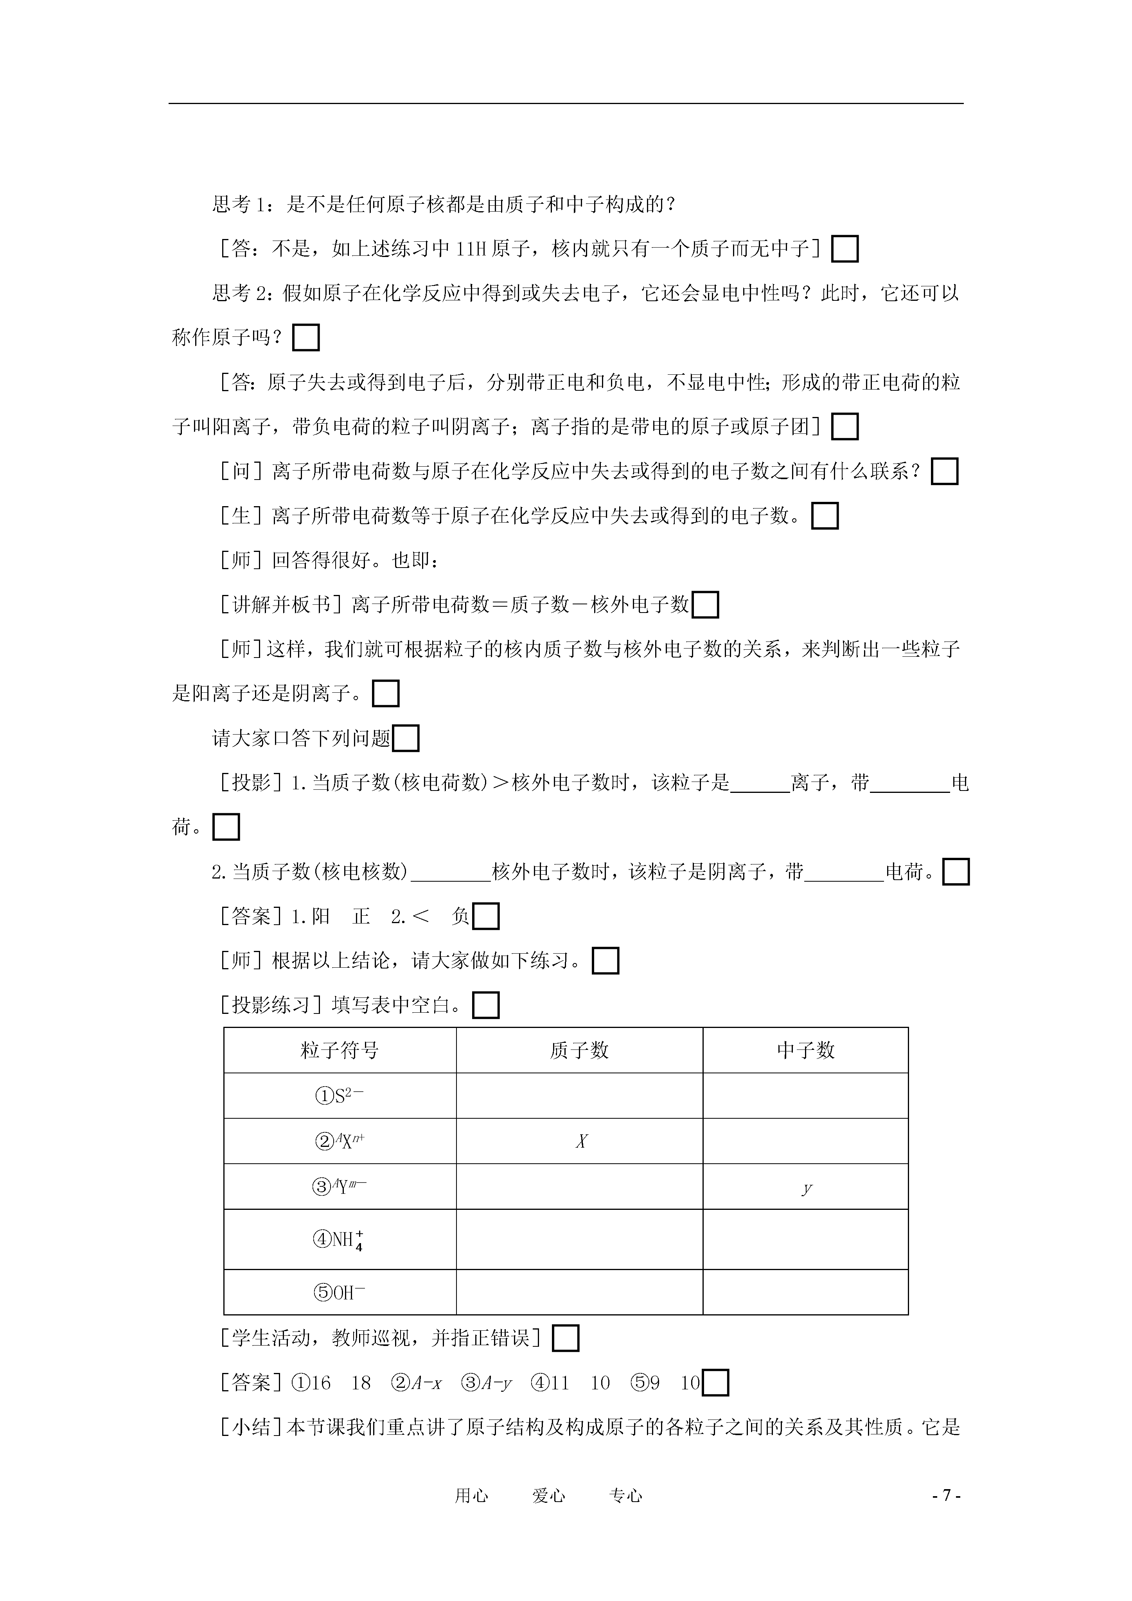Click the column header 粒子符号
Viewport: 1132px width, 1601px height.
pyautogui.click(x=340, y=1050)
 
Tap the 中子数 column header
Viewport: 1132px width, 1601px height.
pyautogui.click(x=806, y=1050)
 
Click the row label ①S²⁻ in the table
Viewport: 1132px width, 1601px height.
pyautogui.click(x=340, y=1096)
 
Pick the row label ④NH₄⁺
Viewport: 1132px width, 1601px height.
pyautogui.click(x=340, y=1240)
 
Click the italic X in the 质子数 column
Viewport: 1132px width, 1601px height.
pyautogui.click(x=581, y=1141)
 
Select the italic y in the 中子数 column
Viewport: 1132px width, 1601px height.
pyautogui.click(x=806, y=1188)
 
